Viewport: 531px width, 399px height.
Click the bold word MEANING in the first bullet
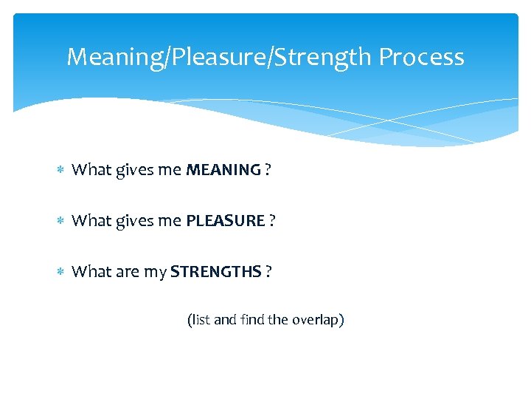(223, 170)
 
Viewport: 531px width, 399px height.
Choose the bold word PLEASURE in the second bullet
(225, 221)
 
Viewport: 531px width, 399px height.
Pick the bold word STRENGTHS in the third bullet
(215, 272)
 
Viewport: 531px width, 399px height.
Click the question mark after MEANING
(268, 170)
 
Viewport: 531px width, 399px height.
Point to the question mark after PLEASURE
(272, 221)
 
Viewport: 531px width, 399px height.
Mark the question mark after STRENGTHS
(268, 272)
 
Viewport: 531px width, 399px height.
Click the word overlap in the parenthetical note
(316, 320)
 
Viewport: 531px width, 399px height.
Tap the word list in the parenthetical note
(201, 320)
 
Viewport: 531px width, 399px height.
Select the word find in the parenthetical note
(251, 320)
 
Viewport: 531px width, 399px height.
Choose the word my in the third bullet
(155, 273)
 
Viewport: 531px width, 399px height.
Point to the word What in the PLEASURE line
(91, 221)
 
